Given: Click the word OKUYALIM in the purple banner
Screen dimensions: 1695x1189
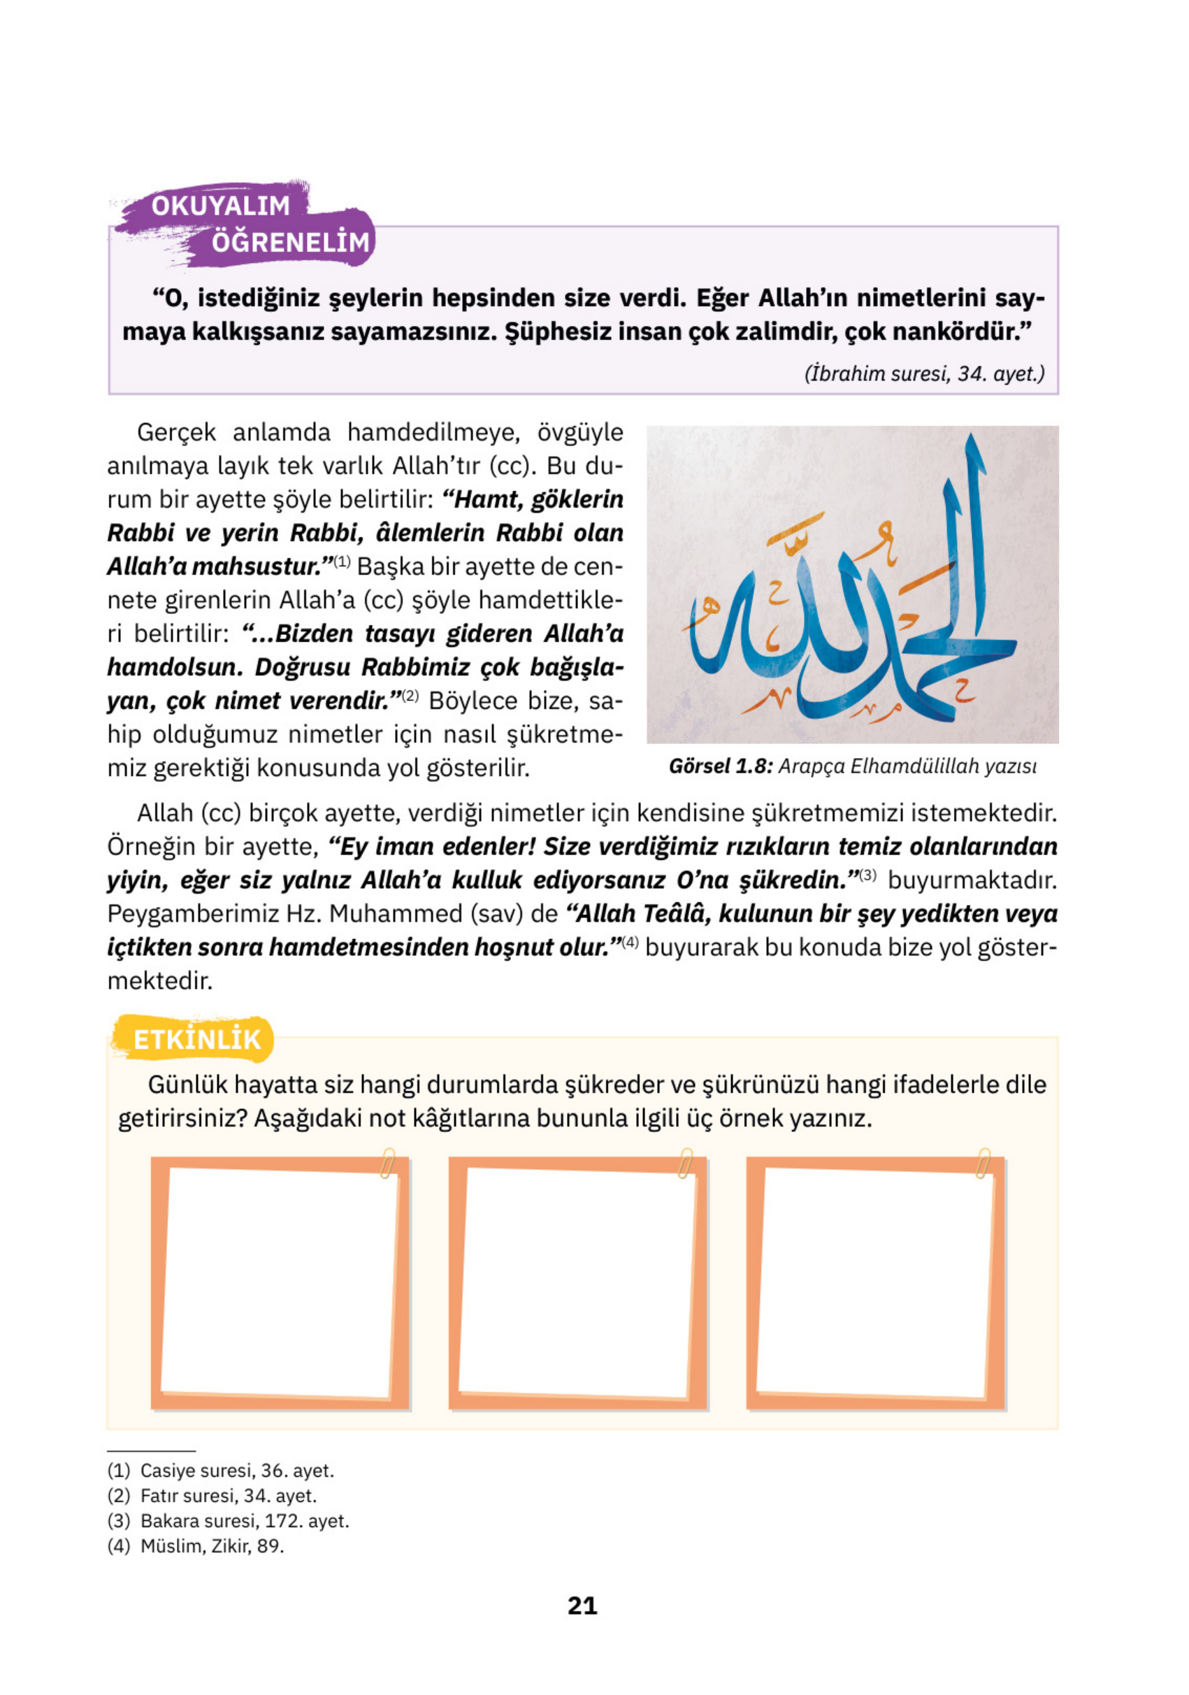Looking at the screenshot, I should point(221,206).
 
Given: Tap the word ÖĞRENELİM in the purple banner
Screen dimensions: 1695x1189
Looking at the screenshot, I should point(290,242).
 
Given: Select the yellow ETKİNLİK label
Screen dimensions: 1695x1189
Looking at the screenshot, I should point(196,1039).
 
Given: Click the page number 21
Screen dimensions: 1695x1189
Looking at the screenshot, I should point(582,1605).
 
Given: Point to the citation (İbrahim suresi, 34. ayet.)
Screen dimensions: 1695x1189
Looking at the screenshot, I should point(924,373).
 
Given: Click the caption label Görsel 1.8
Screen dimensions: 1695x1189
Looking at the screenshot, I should point(719,766).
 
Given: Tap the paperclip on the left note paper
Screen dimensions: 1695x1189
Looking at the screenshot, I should point(387,1164).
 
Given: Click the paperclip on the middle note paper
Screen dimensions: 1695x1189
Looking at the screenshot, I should point(686,1164).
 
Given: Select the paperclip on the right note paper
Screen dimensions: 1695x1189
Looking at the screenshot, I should point(983,1164).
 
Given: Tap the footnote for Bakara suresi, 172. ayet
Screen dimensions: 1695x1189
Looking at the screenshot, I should point(229,1521).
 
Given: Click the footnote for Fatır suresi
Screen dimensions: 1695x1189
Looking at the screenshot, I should point(212,1496).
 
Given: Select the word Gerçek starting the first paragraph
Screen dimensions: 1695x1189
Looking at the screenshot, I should point(176,433).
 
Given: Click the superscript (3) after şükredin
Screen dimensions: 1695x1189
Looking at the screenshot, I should point(867,875).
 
